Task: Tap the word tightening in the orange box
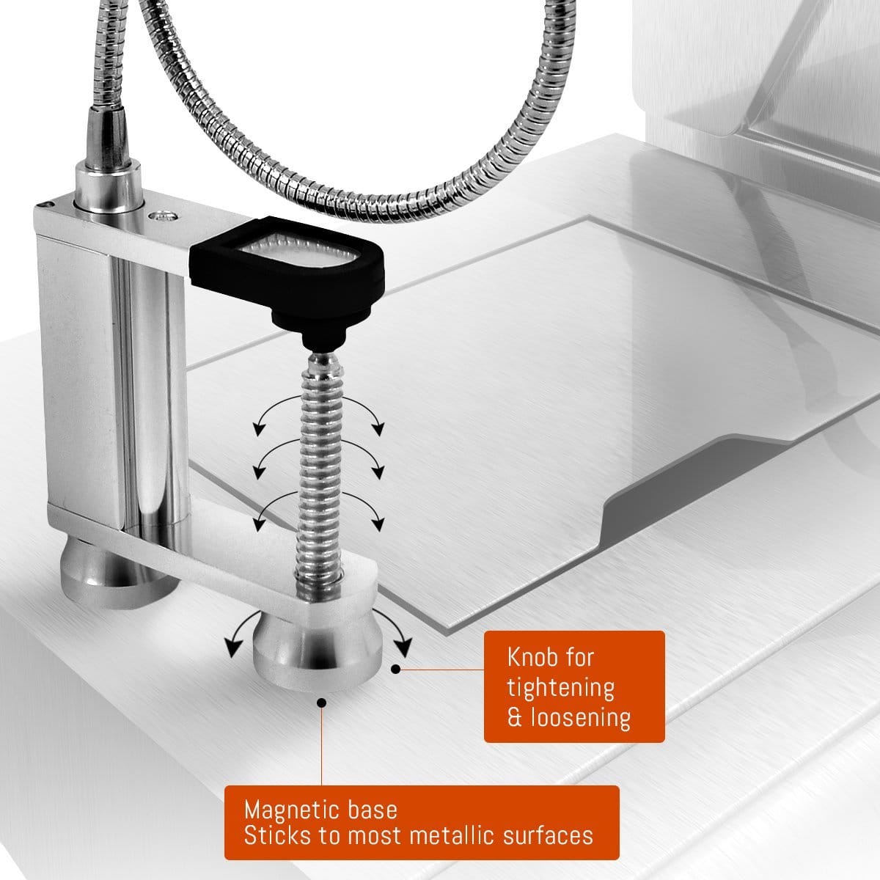(561, 688)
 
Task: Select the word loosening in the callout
(581, 717)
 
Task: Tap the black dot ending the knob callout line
(396, 669)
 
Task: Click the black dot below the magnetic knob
(322, 703)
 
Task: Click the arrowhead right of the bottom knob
(403, 648)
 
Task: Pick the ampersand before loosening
(515, 718)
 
